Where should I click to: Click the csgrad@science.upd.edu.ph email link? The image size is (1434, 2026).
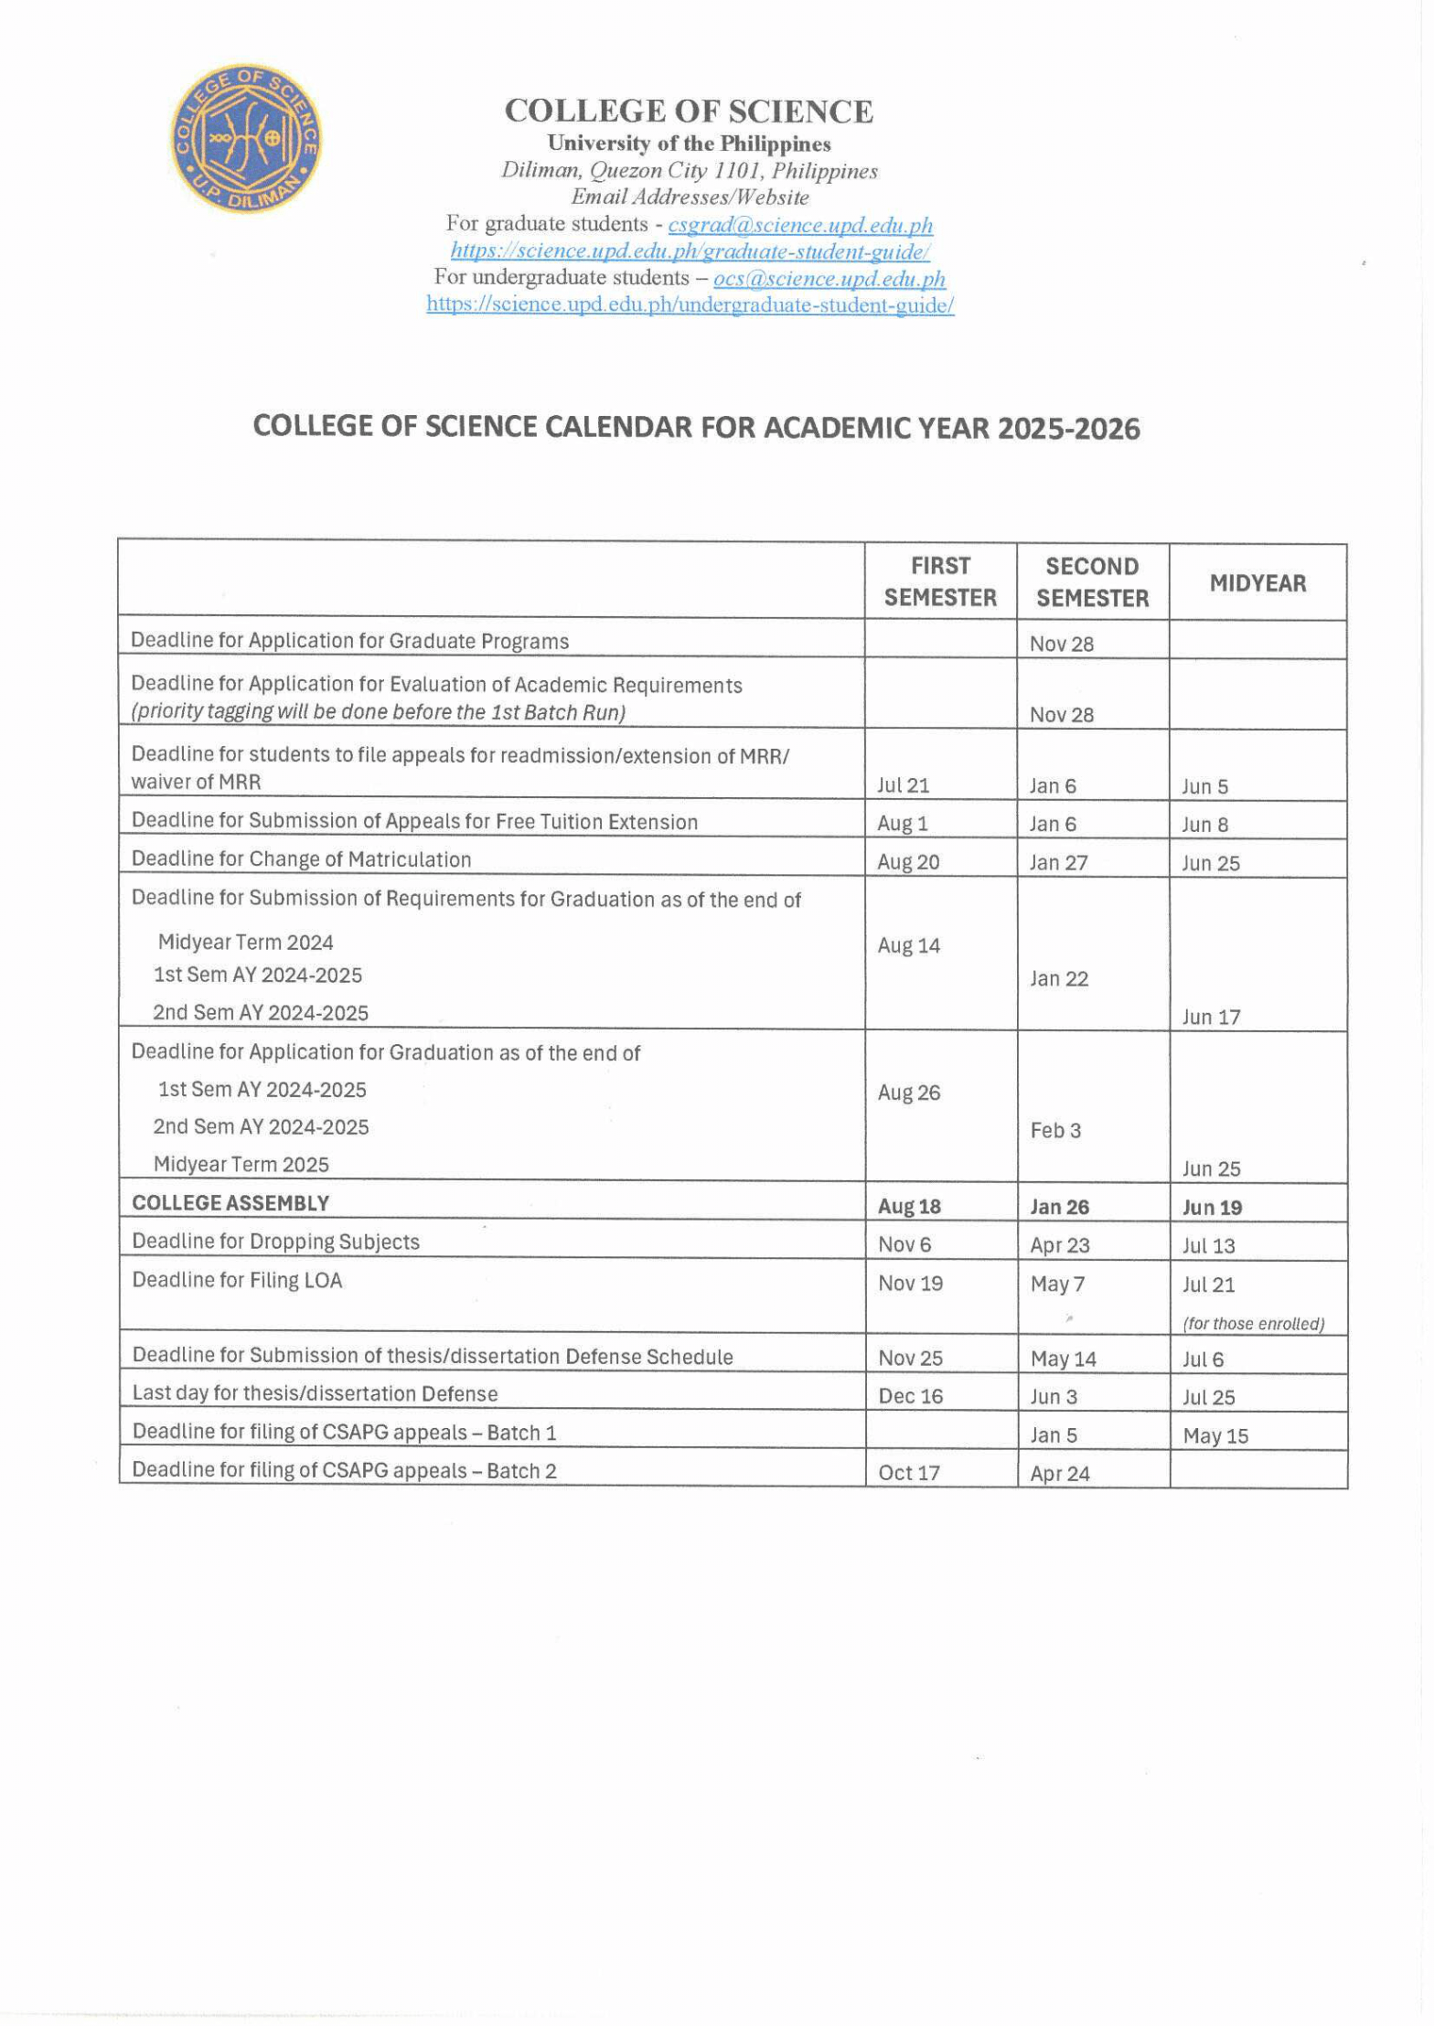800,224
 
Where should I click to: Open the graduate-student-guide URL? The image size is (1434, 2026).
690,251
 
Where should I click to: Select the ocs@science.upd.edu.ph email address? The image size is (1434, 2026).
829,278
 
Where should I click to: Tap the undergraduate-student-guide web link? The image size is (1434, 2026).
690,304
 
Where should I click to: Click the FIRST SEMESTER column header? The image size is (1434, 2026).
940,581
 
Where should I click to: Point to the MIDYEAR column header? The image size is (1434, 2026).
1257,583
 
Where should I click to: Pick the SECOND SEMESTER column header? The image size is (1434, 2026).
1092,582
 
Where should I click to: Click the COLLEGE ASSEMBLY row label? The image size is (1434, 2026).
230,1203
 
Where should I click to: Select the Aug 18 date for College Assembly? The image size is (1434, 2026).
909,1207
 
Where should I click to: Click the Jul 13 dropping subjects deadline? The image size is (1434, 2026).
1208,1245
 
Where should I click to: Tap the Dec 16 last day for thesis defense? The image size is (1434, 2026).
910,1396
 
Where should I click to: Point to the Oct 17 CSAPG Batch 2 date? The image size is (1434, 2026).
909,1473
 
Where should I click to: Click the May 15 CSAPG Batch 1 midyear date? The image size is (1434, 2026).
1215,1435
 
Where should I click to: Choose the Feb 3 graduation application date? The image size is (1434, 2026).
1055,1131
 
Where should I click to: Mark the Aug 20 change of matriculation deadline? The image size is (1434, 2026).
908,862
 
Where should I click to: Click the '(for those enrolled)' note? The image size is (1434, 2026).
1253,1323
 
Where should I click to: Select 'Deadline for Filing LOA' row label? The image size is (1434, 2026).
237,1280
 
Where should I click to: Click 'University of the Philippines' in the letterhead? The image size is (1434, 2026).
689,144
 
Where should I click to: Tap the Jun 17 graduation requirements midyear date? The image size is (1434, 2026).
1211,1017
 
